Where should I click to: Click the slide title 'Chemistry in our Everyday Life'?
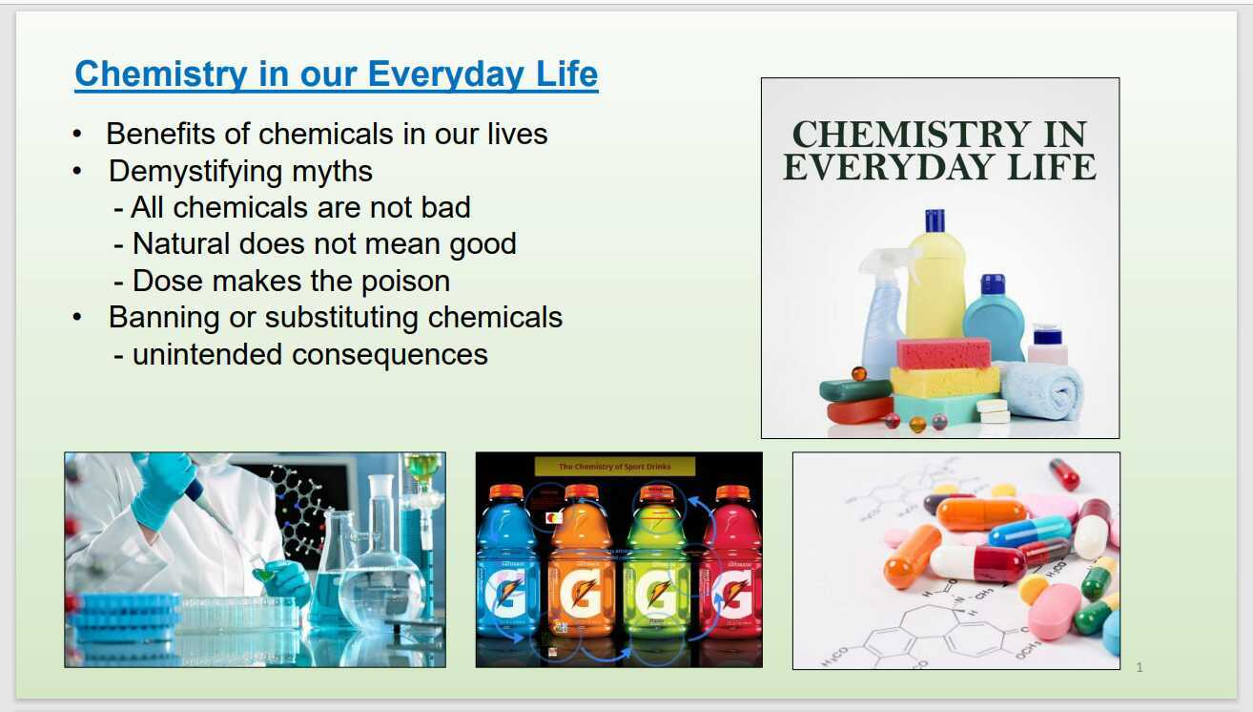click(336, 73)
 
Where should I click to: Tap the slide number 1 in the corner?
click(1140, 667)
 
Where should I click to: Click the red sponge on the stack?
click(943, 354)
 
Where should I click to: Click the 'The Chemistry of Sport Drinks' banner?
click(614, 466)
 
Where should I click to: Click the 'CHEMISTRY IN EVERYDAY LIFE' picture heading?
click(939, 151)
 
